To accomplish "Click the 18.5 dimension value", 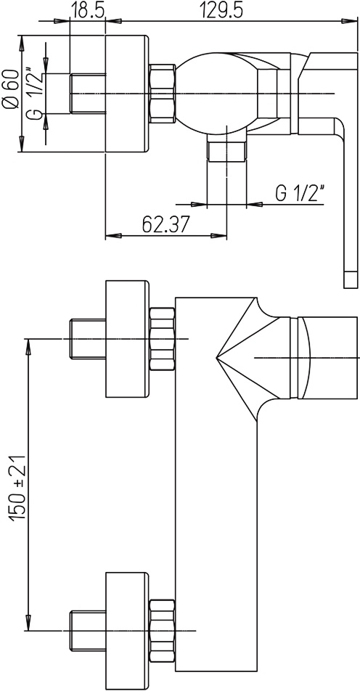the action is coord(87,9).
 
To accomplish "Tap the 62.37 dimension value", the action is coord(165,225).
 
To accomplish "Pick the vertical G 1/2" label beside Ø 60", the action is coord(34,93).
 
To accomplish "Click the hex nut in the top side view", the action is coord(163,94).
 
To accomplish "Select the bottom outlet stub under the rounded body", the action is coord(226,151).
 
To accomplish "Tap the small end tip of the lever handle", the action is coord(351,279).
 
